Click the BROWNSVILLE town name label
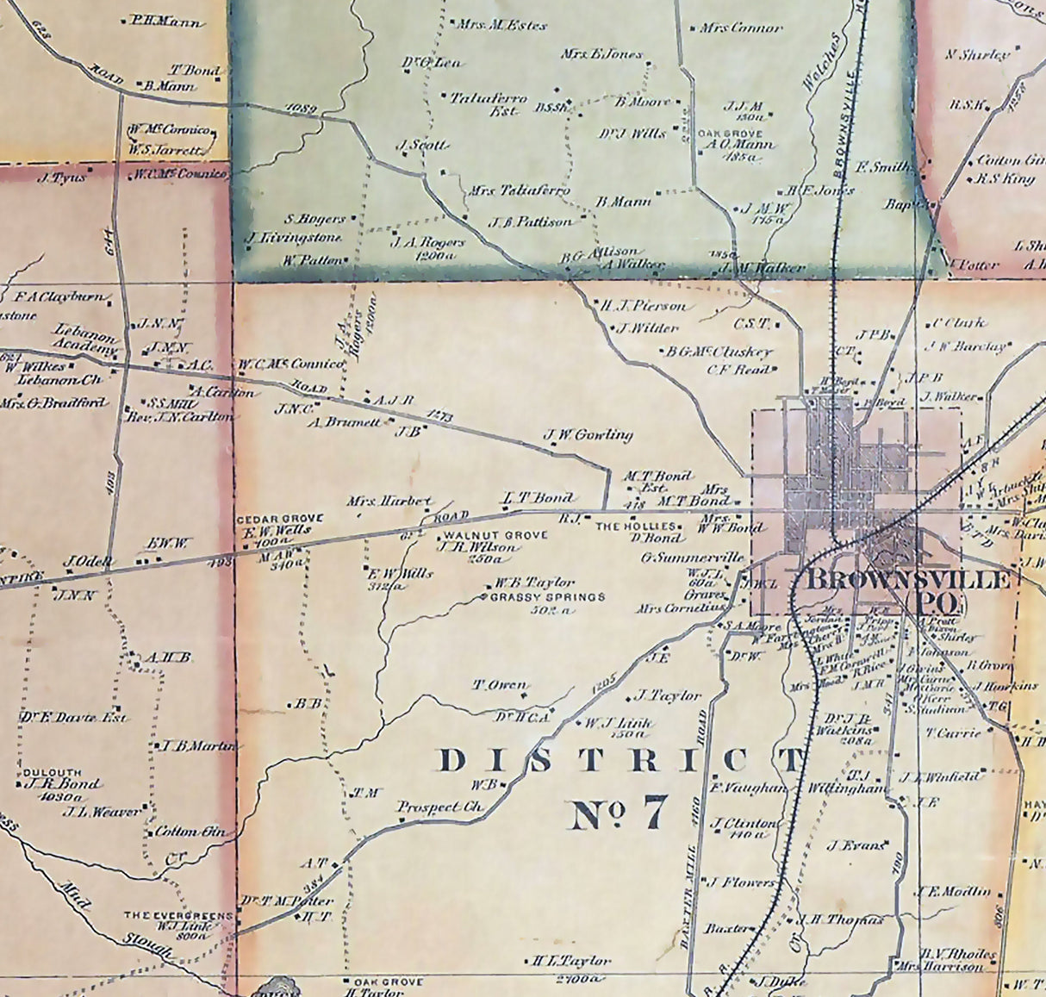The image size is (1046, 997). [x=906, y=579]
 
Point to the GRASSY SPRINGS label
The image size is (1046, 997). [x=548, y=596]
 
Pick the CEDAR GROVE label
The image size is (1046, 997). [x=280, y=519]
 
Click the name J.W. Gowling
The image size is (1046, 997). [x=588, y=434]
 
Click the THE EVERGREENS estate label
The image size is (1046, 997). [x=178, y=915]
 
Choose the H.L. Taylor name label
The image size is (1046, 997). [x=570, y=960]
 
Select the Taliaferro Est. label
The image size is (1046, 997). [x=489, y=103]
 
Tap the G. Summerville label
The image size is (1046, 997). [x=692, y=558]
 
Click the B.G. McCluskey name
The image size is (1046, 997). [x=719, y=352]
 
